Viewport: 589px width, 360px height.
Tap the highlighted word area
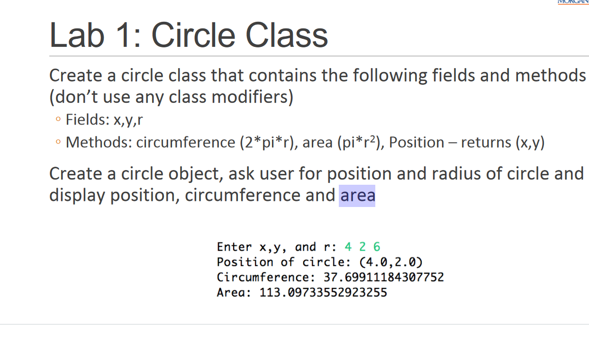tap(357, 195)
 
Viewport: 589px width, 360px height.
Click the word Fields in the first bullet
tap(86, 120)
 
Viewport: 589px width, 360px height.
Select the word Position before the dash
tap(417, 142)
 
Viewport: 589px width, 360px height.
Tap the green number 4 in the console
tap(348, 247)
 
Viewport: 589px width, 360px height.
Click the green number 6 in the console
tap(377, 247)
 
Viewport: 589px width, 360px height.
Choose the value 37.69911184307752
tap(383, 277)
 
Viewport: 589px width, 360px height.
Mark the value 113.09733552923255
tap(323, 292)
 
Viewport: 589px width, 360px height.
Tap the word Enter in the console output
tap(234, 247)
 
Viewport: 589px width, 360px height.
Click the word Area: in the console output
tap(234, 292)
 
